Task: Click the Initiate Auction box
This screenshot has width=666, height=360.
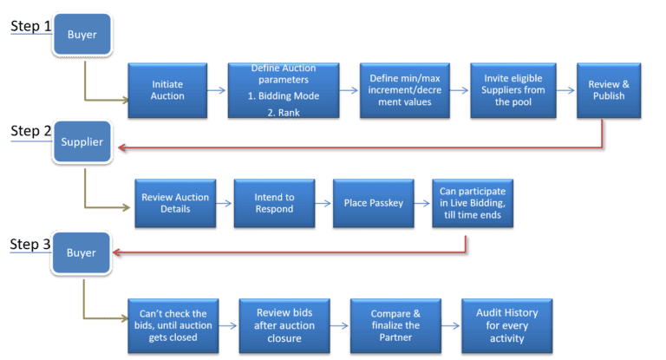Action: (168, 91)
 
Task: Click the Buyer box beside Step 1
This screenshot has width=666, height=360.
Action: (82, 36)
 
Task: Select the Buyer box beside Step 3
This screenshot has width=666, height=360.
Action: (81, 254)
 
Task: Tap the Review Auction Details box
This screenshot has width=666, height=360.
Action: (175, 204)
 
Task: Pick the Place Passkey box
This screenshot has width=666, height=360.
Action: (370, 204)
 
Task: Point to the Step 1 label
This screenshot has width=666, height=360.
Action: (29, 27)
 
